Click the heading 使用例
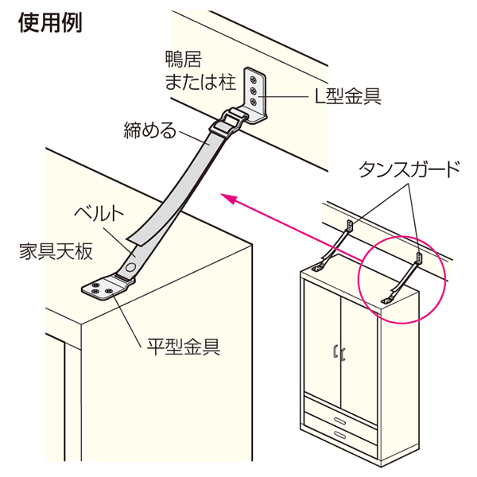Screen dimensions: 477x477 (x=50, y=23)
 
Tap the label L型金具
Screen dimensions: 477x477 (x=347, y=97)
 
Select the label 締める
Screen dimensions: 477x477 (x=150, y=130)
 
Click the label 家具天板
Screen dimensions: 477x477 (x=56, y=252)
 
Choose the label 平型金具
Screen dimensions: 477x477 (x=184, y=347)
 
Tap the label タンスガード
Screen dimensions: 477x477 (x=409, y=169)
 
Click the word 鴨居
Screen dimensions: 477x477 (x=184, y=59)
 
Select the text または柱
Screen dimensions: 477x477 (x=200, y=82)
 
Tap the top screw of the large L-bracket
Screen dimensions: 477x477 (x=253, y=79)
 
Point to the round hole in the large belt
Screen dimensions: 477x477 (x=130, y=267)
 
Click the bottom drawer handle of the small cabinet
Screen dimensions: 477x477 (x=339, y=435)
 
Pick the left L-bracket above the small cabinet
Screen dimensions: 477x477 (x=351, y=227)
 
